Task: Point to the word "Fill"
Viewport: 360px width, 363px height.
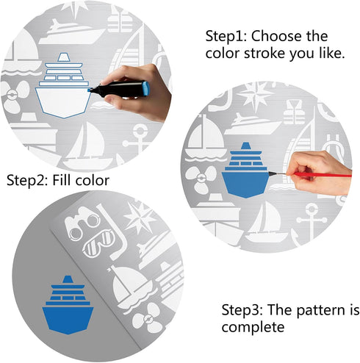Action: click(62, 180)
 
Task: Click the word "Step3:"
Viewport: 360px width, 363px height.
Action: click(242, 310)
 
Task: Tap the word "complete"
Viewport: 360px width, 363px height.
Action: click(253, 327)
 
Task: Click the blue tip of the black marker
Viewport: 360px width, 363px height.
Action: click(90, 90)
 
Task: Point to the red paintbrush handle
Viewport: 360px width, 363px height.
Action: click(323, 175)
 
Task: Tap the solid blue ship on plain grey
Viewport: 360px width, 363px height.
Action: click(68, 305)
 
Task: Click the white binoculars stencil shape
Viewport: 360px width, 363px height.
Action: click(82, 223)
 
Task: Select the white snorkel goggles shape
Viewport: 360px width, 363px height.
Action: click(98, 244)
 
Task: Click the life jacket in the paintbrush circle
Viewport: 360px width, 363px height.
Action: click(294, 112)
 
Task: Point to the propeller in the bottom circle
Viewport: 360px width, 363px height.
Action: click(148, 318)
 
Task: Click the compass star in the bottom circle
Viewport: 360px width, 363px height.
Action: click(140, 218)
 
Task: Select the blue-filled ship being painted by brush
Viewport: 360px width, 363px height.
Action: click(246, 170)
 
